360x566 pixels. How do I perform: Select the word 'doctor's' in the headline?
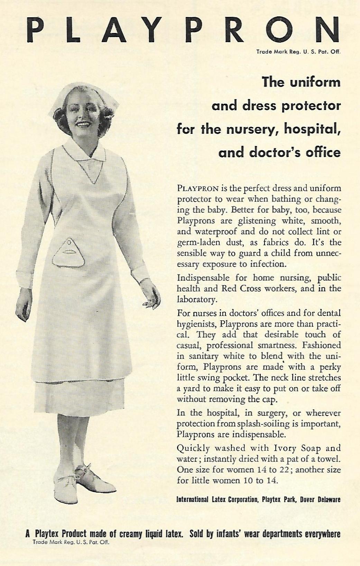point(274,153)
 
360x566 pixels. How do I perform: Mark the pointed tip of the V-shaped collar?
point(92,183)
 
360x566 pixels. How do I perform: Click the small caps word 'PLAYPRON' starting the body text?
point(197,189)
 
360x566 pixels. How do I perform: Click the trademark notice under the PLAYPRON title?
point(299,53)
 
